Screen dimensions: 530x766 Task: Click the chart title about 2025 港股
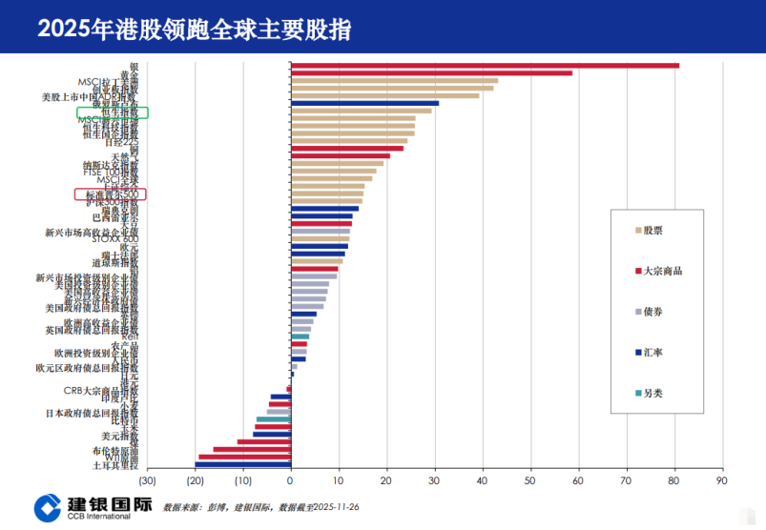pyautogui.click(x=194, y=29)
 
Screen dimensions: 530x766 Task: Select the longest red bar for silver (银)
pyautogui.click(x=485, y=65)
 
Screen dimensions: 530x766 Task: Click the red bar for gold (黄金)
pyautogui.click(x=431, y=72)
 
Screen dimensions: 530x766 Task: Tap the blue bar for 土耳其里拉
pyautogui.click(x=243, y=464)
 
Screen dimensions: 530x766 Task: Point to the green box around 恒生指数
pyautogui.click(x=113, y=112)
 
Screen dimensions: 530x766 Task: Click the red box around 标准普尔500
pyautogui.click(x=111, y=194)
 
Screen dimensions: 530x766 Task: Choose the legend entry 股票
pyautogui.click(x=652, y=230)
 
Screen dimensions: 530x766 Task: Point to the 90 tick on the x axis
pyautogui.click(x=722, y=482)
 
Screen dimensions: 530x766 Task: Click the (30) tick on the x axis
pyautogui.click(x=147, y=482)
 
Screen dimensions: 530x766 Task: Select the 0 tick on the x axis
pyautogui.click(x=291, y=482)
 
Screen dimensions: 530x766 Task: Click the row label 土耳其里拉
pyautogui.click(x=114, y=465)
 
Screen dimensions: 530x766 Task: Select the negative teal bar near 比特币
pyautogui.click(x=273, y=419)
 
